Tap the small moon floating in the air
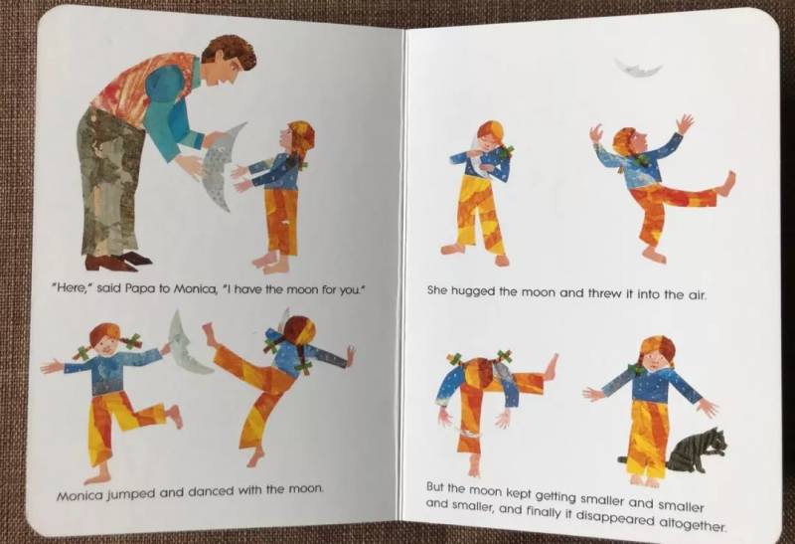coord(638,69)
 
